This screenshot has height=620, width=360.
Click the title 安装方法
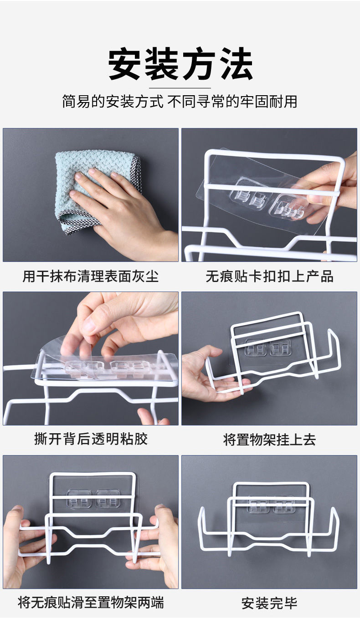pos(180,65)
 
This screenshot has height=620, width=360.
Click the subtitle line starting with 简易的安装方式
pos(180,101)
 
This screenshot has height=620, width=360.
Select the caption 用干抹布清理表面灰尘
pos(91,276)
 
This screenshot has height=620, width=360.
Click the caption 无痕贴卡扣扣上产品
pos(269,276)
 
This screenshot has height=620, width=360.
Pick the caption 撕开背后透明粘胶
pos(91,439)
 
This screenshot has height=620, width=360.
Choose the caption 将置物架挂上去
pos(269,440)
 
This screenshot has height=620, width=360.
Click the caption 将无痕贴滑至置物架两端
pos(91,603)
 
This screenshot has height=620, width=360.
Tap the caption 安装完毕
pos(269,603)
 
